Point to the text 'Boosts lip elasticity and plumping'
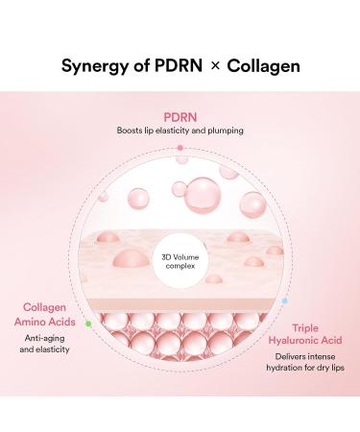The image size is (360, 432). click(x=180, y=130)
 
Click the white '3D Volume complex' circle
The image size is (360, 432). click(x=181, y=261)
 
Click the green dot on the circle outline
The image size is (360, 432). click(x=88, y=324)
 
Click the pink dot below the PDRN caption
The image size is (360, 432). click(x=180, y=147)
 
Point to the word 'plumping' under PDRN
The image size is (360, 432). click(x=225, y=130)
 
